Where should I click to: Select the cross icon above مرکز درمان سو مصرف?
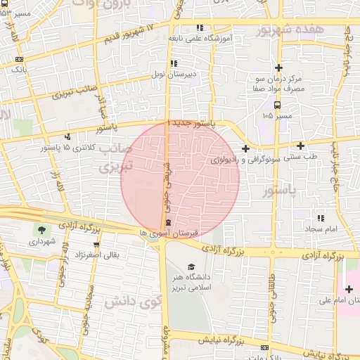279,67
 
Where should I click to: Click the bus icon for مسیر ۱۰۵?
278,103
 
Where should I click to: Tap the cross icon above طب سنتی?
300,146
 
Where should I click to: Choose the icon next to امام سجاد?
321,218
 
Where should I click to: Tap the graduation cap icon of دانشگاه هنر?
191,266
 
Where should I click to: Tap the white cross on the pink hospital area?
349,289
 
